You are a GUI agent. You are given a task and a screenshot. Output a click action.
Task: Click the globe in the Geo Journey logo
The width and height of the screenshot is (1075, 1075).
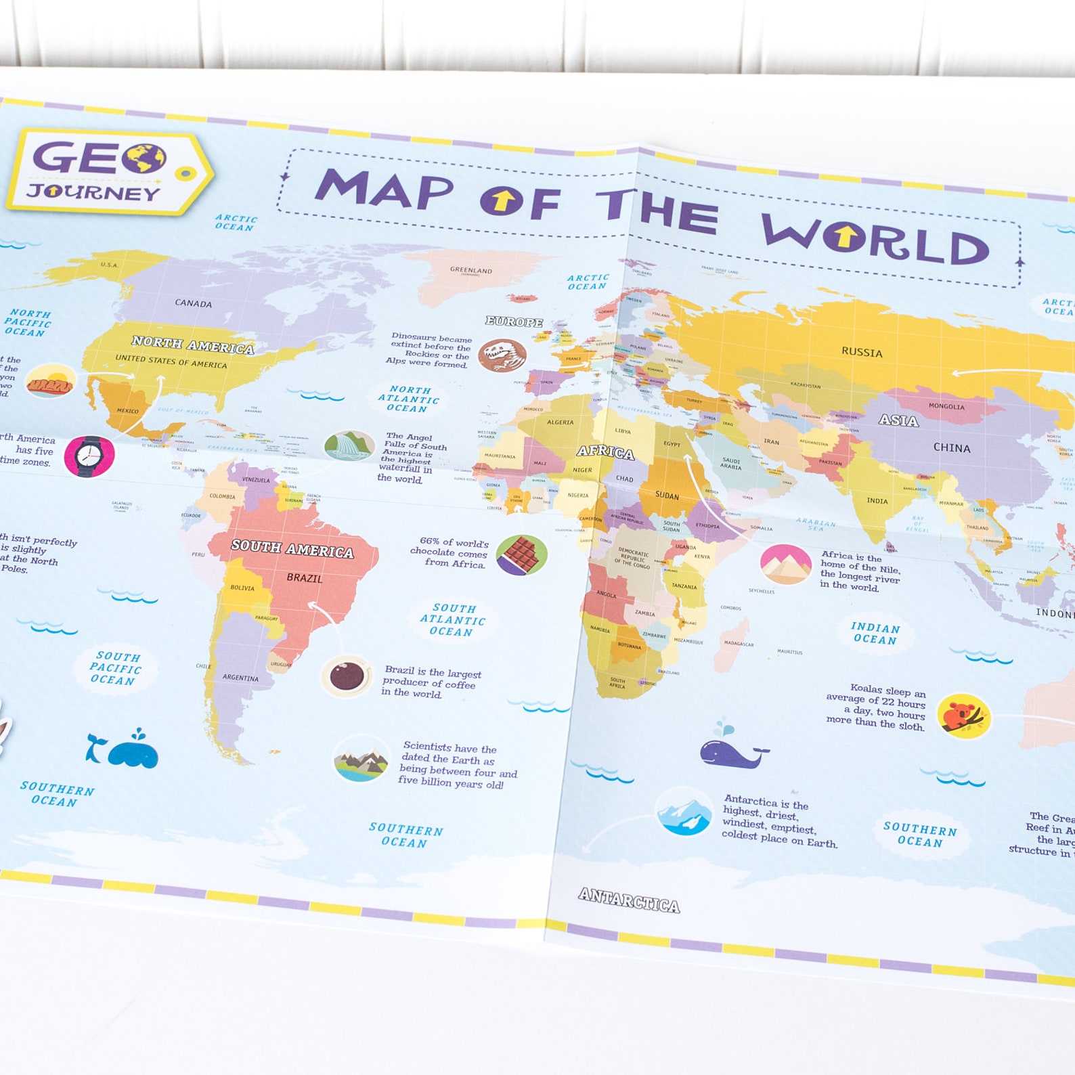click(145, 158)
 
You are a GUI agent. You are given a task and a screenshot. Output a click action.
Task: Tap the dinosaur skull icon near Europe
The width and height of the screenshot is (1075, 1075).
click(502, 355)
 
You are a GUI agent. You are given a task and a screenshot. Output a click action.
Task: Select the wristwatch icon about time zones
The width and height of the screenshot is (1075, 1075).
click(89, 456)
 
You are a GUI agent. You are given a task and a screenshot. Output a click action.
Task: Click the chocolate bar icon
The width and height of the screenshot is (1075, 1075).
click(521, 554)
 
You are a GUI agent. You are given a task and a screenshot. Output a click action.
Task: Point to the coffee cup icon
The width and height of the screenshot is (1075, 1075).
click(347, 676)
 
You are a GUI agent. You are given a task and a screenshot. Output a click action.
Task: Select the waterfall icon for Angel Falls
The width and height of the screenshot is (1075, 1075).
click(349, 446)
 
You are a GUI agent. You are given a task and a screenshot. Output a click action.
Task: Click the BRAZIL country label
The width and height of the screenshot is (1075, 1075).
click(305, 578)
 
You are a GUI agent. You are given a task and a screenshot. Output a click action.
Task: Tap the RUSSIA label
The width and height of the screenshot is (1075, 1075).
click(862, 353)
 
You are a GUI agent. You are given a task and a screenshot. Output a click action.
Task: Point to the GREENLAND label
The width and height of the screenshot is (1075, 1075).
click(471, 270)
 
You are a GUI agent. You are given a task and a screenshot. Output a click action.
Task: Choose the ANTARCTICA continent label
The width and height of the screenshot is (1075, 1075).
click(629, 900)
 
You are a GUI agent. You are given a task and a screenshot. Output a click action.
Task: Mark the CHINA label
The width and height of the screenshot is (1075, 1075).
click(952, 448)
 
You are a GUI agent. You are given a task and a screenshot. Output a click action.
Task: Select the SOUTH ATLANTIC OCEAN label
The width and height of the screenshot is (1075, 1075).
click(452, 620)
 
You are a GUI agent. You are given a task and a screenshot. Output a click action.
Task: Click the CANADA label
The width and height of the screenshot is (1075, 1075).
click(194, 303)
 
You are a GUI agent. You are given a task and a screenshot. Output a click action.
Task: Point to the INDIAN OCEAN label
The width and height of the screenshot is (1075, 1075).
click(875, 634)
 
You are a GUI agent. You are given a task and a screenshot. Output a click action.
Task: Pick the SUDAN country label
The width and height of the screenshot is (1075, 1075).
click(667, 496)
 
